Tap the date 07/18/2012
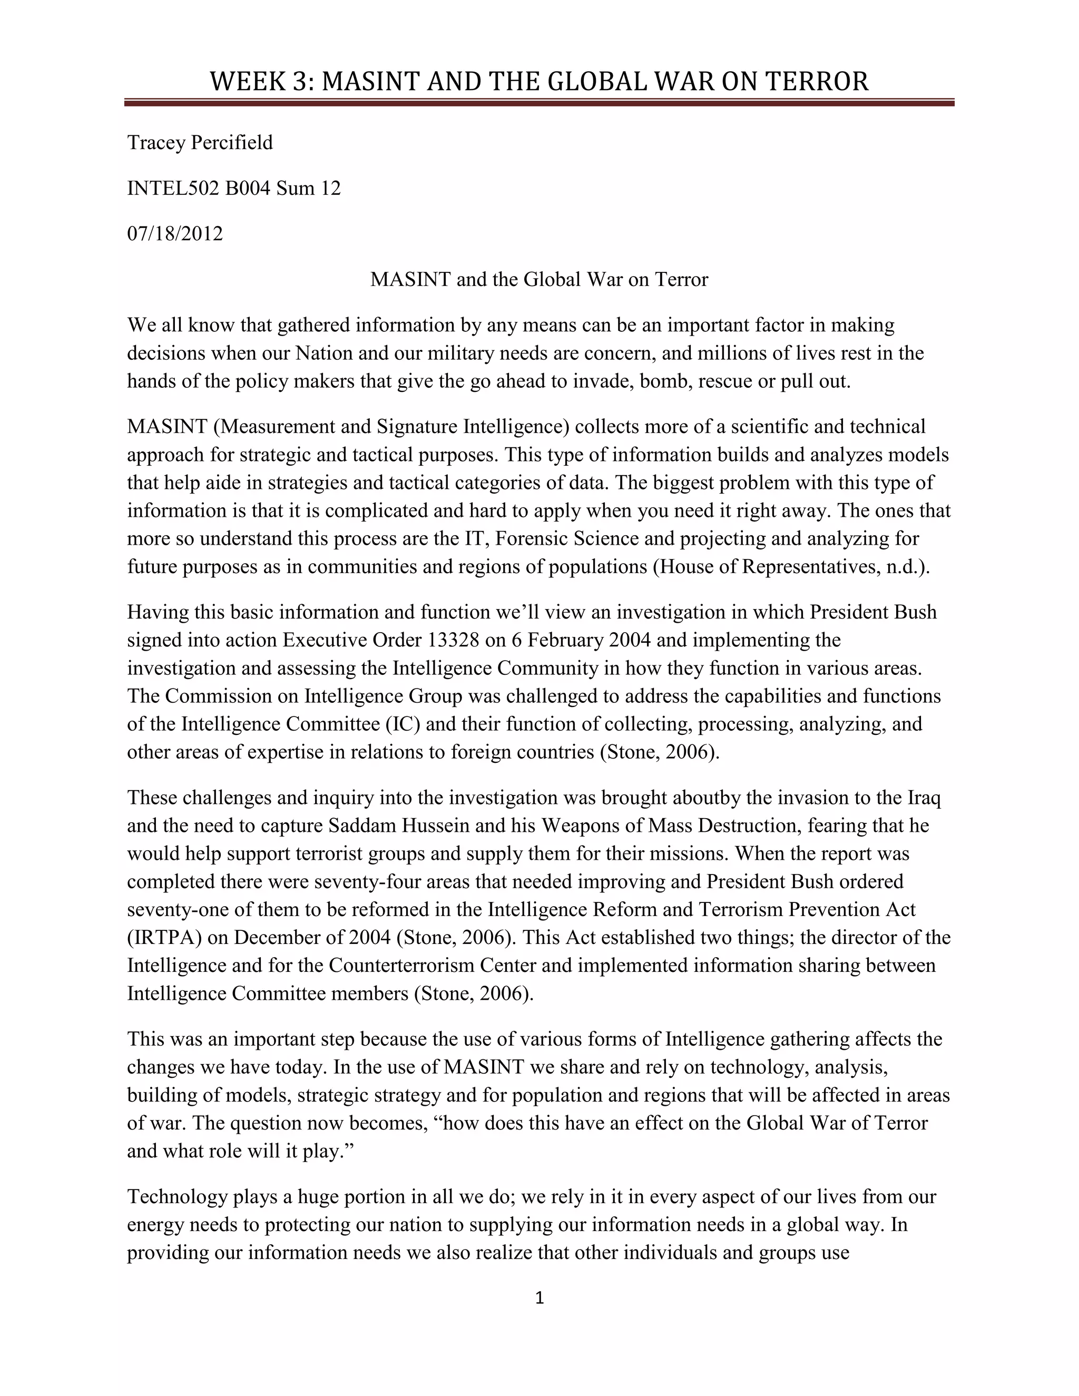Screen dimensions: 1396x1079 (x=175, y=233)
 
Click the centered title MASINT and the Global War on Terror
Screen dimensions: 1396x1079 (x=539, y=279)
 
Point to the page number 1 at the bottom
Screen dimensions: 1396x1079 (x=539, y=1298)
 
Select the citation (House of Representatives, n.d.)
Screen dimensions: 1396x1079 (x=791, y=567)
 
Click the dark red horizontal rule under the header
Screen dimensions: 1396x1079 (x=539, y=102)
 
